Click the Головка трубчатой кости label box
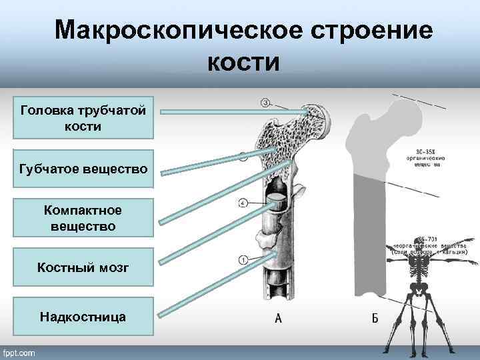[x=84, y=117]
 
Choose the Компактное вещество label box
[x=84, y=219]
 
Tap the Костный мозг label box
[x=84, y=267]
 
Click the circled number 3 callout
[x=265, y=102]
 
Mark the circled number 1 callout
[x=243, y=259]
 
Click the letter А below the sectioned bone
[x=278, y=318]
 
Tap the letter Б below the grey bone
[x=375, y=318]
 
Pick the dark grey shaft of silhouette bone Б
[x=371, y=233]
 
